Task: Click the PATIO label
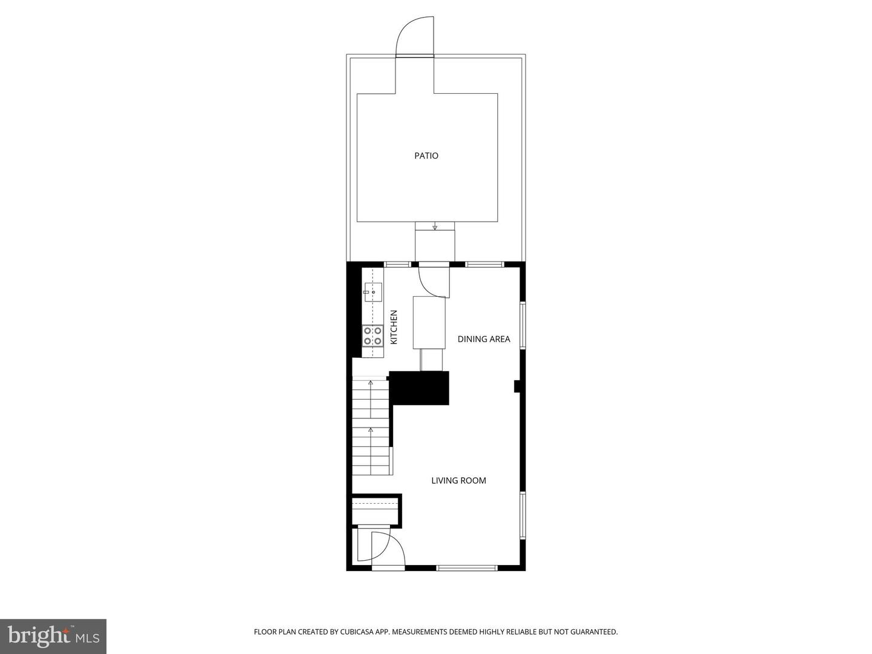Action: coord(426,156)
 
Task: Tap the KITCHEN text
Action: coord(394,327)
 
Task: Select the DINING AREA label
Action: coord(484,339)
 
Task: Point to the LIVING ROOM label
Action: coord(458,481)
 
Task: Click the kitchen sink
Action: coord(373,292)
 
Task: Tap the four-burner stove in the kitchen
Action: coord(372,335)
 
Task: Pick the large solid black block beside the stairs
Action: coord(420,388)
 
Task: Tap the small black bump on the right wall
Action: coord(517,386)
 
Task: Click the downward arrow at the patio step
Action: coord(435,227)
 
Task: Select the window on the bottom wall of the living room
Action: coord(467,567)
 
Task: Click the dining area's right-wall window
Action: coord(523,324)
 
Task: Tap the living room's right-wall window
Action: coord(523,515)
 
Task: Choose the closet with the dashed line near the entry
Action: coord(375,510)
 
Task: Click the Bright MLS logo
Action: coord(53,636)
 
